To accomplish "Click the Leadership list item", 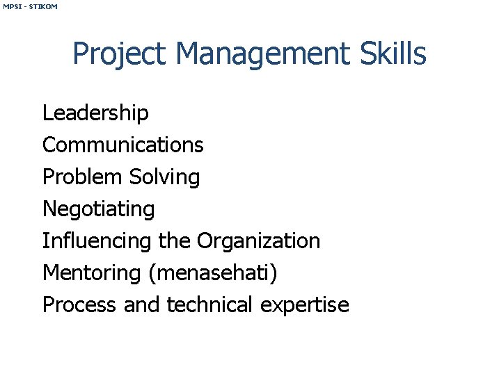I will (95, 113).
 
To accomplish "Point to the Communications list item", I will (123, 145).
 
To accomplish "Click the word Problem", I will (81, 177).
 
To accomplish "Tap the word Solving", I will (164, 177).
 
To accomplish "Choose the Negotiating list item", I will (99, 209).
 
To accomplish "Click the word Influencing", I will (97, 241).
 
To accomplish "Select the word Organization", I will (258, 241).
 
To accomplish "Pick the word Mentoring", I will (92, 273).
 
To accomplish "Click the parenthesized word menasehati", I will (213, 273).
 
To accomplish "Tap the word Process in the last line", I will (79, 304).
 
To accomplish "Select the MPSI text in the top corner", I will (12, 6).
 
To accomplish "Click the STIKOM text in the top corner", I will (44, 6).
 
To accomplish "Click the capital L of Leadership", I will (47, 113).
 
